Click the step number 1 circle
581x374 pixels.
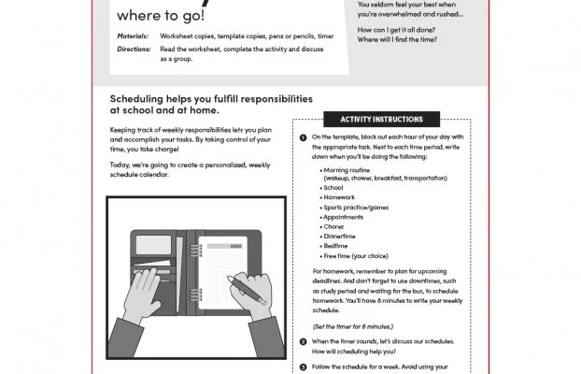[x=303, y=137]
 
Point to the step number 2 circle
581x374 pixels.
[x=303, y=341]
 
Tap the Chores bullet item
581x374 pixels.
[x=333, y=226]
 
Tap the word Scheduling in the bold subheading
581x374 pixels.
[x=139, y=98]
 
